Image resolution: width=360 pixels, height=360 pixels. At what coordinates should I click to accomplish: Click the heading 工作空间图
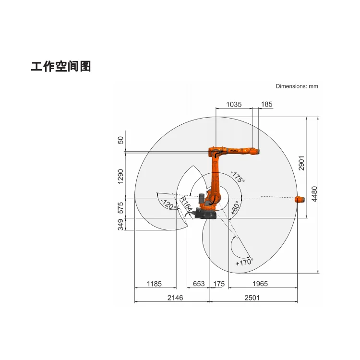coord(61,66)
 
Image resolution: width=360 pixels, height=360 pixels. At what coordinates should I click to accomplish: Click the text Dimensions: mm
coord(297,86)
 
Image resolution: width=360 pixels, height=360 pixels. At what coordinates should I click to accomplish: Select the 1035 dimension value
coord(233,104)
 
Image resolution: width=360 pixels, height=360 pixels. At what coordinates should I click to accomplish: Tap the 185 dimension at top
coord(266,104)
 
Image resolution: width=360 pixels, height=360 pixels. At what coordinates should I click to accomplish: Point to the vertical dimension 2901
coord(301,163)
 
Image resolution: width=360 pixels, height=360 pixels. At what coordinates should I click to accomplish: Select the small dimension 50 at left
coord(121,140)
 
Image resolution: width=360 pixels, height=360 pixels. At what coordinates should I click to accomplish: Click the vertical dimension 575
coord(121,208)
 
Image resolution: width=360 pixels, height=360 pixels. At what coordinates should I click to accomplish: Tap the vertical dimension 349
coord(121,225)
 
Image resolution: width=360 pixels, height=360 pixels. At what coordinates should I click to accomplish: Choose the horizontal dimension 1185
coord(155,284)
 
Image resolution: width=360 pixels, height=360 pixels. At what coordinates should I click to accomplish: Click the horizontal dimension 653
coord(199,284)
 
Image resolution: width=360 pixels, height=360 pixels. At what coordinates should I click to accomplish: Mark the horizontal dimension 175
coord(219,284)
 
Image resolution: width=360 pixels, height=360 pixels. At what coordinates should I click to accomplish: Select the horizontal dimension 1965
coord(260,284)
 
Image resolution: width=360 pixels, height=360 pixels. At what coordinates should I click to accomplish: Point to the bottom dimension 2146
coord(175,298)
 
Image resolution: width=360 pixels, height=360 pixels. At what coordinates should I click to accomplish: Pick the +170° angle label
coord(244,262)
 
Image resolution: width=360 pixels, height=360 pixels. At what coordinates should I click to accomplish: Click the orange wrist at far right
coord(300,199)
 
